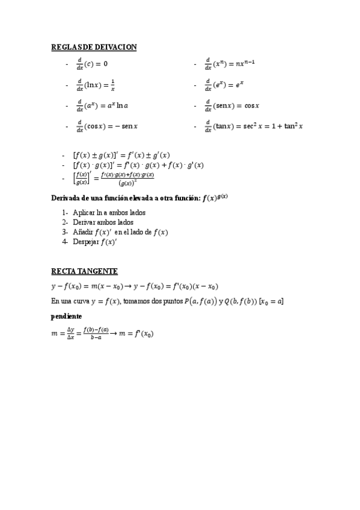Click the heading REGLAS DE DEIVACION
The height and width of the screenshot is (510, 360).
93,46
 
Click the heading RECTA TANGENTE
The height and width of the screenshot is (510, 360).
84,271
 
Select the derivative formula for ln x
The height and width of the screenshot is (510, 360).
96,85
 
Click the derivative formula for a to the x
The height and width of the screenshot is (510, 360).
102,106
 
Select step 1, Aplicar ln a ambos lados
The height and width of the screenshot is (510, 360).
109,212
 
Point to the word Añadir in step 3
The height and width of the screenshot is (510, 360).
84,232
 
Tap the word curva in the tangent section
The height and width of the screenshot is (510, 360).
81,301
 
